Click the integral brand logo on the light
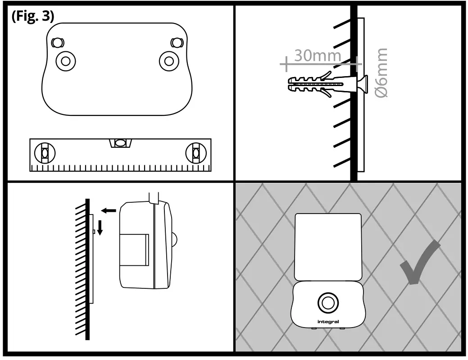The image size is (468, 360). [328, 322]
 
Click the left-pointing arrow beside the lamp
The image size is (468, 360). [109, 210]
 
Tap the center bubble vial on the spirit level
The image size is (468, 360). [120, 143]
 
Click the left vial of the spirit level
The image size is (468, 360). [45, 153]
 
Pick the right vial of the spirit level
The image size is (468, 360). [195, 153]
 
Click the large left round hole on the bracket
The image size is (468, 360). [66, 61]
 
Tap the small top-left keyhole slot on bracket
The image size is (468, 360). [56, 43]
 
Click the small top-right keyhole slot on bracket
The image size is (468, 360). [177, 43]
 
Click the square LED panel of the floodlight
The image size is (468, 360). [327, 246]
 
